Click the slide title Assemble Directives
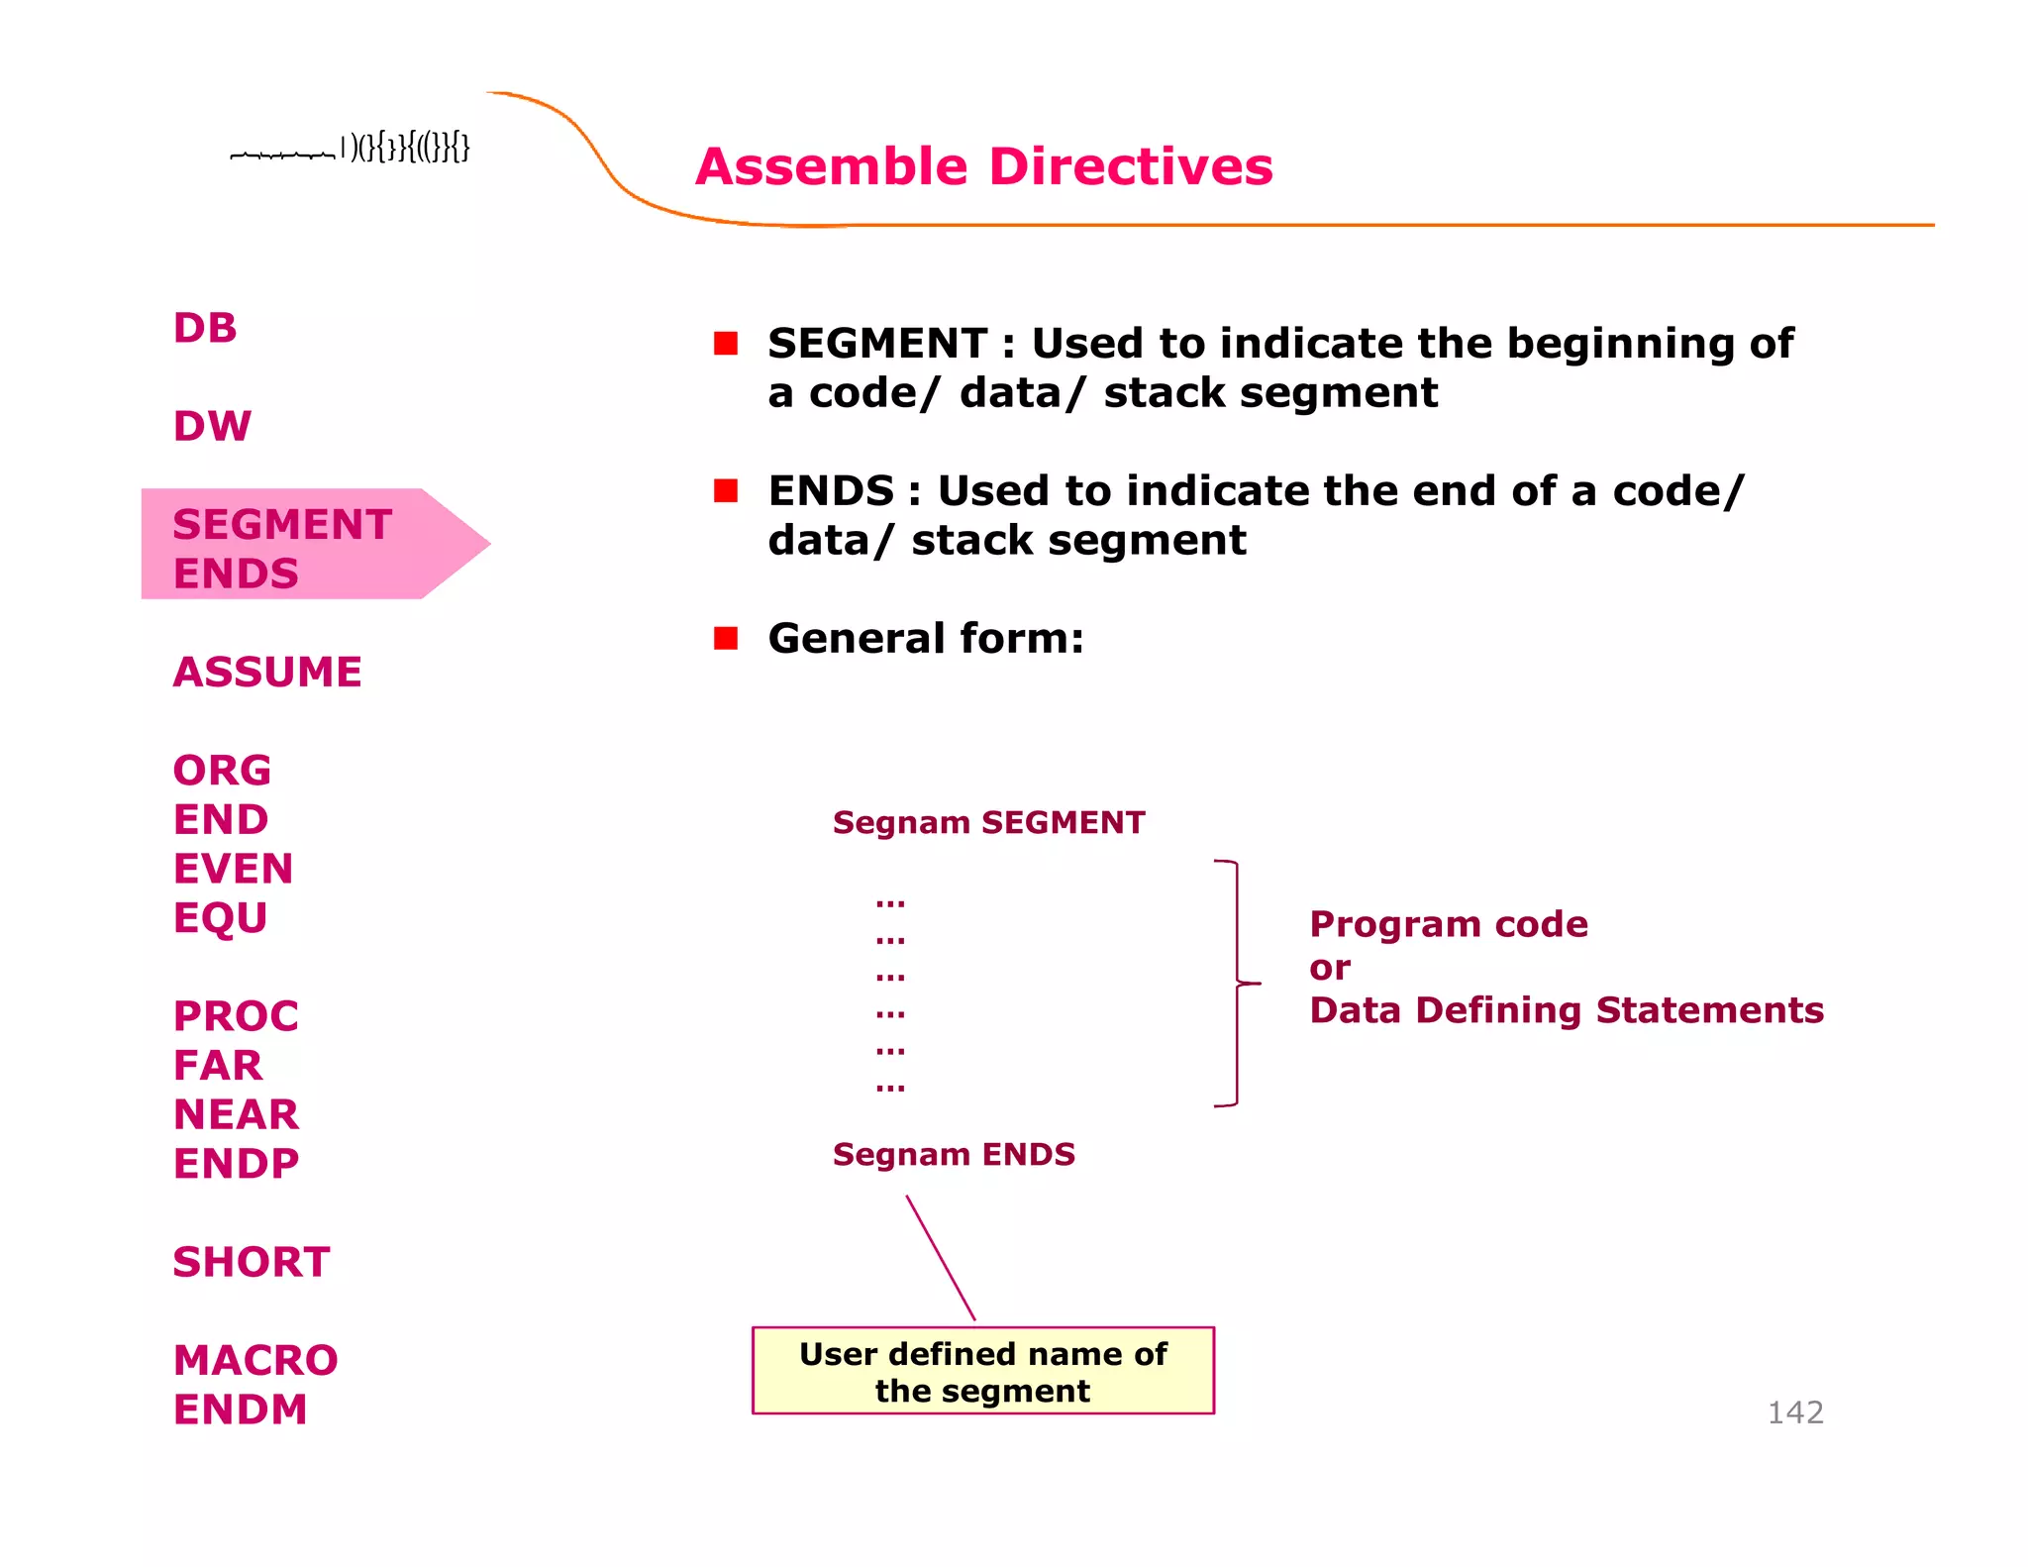pos(983,166)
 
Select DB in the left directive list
pos(205,328)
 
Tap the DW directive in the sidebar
pos(212,426)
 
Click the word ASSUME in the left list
pos(267,672)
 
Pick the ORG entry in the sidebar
pos(222,770)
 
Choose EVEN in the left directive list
pos(233,869)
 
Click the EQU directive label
pos(220,917)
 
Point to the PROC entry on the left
pos(236,1015)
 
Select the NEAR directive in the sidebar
pos(236,1114)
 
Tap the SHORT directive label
pos(252,1262)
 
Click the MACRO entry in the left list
pos(255,1360)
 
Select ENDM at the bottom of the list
pos(240,1410)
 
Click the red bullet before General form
pos(726,638)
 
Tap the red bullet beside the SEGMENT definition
pos(726,344)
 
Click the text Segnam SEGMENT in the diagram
pos(988,822)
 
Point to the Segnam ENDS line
pos(954,1154)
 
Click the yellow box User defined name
pos(982,1371)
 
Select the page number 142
pos(1794,1411)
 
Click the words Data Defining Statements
pos(1566,1010)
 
